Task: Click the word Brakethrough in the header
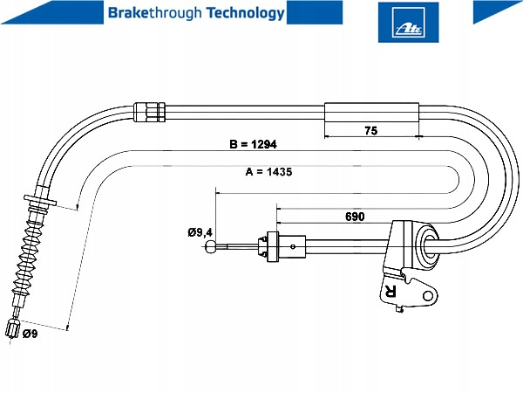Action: (145, 13)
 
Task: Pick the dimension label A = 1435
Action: (268, 172)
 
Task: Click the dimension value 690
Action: (354, 216)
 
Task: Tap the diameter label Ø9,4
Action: (200, 232)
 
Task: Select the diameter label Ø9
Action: (30, 334)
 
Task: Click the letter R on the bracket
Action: (390, 292)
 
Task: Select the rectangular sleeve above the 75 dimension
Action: (372, 112)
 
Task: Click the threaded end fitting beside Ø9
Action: (12, 330)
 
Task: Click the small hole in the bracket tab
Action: (426, 298)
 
